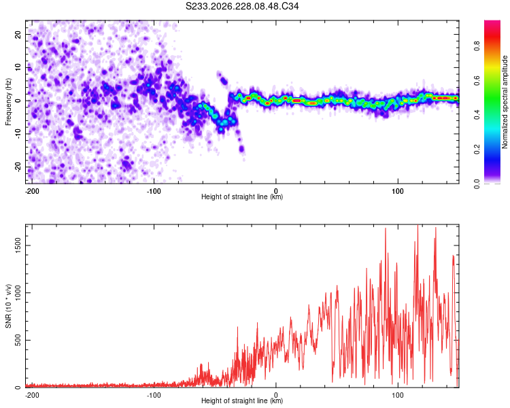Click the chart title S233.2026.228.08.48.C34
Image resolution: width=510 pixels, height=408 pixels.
click(x=242, y=6)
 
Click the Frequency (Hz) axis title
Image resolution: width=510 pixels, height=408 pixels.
click(x=8, y=102)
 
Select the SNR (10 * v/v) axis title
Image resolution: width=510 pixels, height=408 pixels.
click(x=8, y=306)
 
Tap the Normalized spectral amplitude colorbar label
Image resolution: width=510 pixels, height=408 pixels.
click(x=505, y=102)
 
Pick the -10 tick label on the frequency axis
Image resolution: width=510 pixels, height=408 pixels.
click(x=18, y=134)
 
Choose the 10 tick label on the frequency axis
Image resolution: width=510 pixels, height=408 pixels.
click(x=18, y=67)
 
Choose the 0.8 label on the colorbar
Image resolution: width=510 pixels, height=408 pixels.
click(x=477, y=46)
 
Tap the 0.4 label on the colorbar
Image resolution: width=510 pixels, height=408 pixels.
click(x=477, y=114)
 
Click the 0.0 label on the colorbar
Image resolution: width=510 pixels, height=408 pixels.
click(x=477, y=184)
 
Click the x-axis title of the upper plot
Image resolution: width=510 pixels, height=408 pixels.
click(x=242, y=197)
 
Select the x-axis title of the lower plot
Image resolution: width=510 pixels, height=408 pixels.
click(x=242, y=401)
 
